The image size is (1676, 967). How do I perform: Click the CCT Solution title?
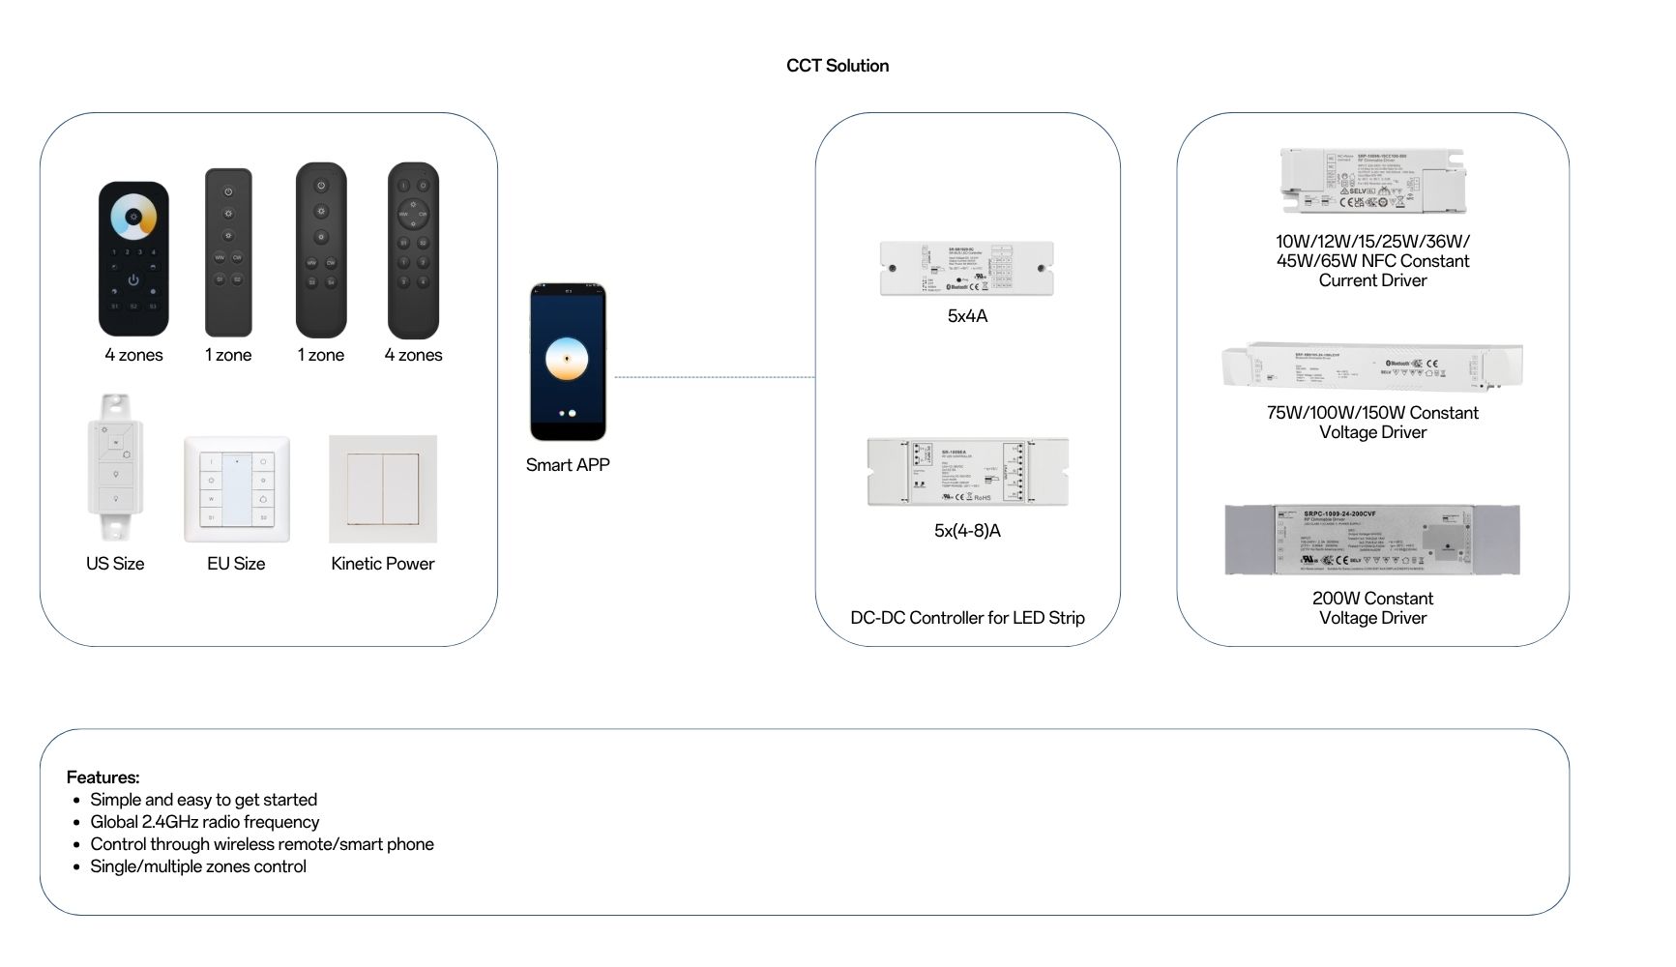pyautogui.click(x=837, y=66)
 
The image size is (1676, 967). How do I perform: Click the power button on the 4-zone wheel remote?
pyautogui.click(x=133, y=280)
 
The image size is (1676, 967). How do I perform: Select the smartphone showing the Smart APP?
pyautogui.click(x=568, y=362)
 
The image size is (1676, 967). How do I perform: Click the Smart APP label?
pyautogui.click(x=568, y=465)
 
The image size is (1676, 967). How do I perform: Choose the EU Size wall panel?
pyautogui.click(x=237, y=489)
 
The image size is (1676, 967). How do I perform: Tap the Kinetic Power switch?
pyautogui.click(x=383, y=488)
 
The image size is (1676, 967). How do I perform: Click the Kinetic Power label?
pyautogui.click(x=383, y=564)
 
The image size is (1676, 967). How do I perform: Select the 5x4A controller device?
pyautogui.click(x=966, y=268)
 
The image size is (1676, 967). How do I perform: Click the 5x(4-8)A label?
pyautogui.click(x=967, y=531)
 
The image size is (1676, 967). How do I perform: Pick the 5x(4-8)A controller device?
pyautogui.click(x=967, y=472)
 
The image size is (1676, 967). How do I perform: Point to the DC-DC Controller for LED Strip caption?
pyautogui.click(x=967, y=618)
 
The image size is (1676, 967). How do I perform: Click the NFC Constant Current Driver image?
pyautogui.click(x=1372, y=181)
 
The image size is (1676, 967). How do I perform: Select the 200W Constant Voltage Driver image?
pyautogui.click(x=1372, y=540)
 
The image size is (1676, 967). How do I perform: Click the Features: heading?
pyautogui.click(x=103, y=777)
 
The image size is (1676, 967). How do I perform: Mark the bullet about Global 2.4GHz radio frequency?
pyautogui.click(x=204, y=822)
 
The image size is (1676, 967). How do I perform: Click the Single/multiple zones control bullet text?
pyautogui.click(x=198, y=866)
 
